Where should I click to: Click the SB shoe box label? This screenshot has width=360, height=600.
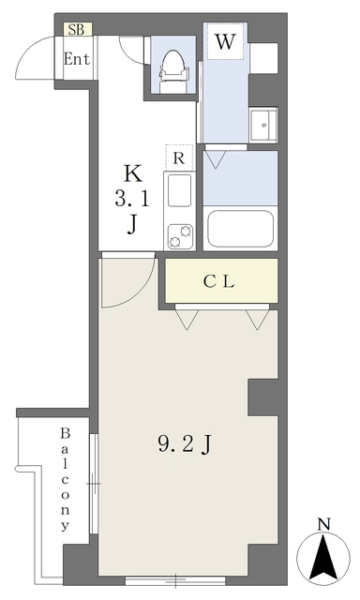pos(76,30)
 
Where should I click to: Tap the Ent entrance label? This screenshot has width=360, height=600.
pos(77,59)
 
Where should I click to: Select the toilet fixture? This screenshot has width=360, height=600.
pos(173,71)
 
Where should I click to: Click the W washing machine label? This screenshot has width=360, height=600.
pos(225,41)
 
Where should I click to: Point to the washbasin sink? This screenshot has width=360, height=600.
pos(263,125)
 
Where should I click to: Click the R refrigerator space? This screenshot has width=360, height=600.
pos(179,157)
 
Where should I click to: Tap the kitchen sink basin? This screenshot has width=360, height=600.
pos(179,190)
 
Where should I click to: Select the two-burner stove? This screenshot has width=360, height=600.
pos(180,235)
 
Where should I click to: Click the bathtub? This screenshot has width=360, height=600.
pos(240,229)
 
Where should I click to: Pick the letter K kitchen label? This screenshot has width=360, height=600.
pos(132,173)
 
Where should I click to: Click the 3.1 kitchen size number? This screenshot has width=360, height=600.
pos(132,199)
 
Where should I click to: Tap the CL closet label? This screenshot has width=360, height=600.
pos(218,282)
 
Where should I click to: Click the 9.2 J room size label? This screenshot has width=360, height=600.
pos(185,445)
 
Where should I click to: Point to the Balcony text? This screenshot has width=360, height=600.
pos(65,480)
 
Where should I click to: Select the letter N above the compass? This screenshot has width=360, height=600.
pos(324,524)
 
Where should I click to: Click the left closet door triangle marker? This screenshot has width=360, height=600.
pos(187,320)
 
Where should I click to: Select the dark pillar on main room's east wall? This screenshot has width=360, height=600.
pos(262,397)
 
